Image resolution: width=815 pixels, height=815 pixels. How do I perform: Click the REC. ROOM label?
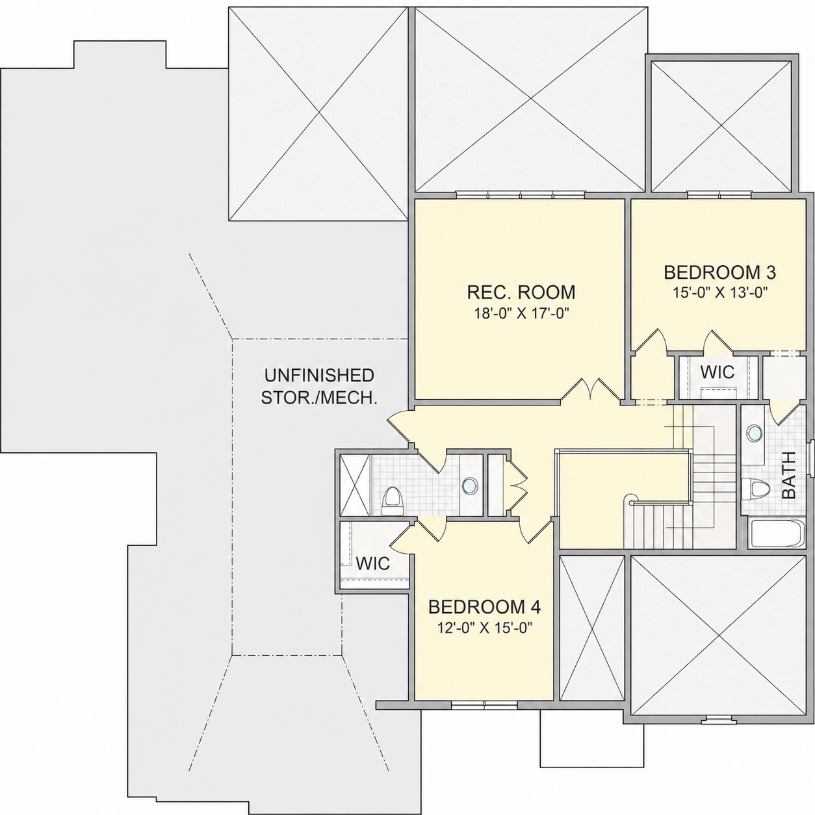point(521,292)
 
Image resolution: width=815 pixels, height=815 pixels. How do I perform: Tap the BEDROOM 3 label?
point(720,272)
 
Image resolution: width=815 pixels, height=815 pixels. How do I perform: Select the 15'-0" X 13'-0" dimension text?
point(720,292)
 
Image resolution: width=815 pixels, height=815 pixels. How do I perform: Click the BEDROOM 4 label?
point(485,607)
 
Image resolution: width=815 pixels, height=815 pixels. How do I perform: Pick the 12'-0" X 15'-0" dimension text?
point(485,628)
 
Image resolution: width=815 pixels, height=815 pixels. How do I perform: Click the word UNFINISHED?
point(319,375)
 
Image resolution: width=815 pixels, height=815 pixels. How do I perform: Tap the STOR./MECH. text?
point(319,398)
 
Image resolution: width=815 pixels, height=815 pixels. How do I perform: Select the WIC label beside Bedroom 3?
point(718,372)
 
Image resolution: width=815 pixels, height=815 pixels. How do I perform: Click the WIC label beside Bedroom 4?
point(372,563)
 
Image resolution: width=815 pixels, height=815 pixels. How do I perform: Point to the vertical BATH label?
point(789,475)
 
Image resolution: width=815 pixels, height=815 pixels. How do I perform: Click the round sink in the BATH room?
point(754,432)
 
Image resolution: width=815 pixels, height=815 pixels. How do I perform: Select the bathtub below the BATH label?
point(777,534)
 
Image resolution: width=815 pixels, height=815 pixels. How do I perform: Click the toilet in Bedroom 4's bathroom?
point(392,501)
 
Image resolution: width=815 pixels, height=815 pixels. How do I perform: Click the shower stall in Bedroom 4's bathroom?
point(356,485)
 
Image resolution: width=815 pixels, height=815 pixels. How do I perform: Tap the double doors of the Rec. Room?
point(588,388)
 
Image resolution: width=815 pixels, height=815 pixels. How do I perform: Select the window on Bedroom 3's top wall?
point(719,195)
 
